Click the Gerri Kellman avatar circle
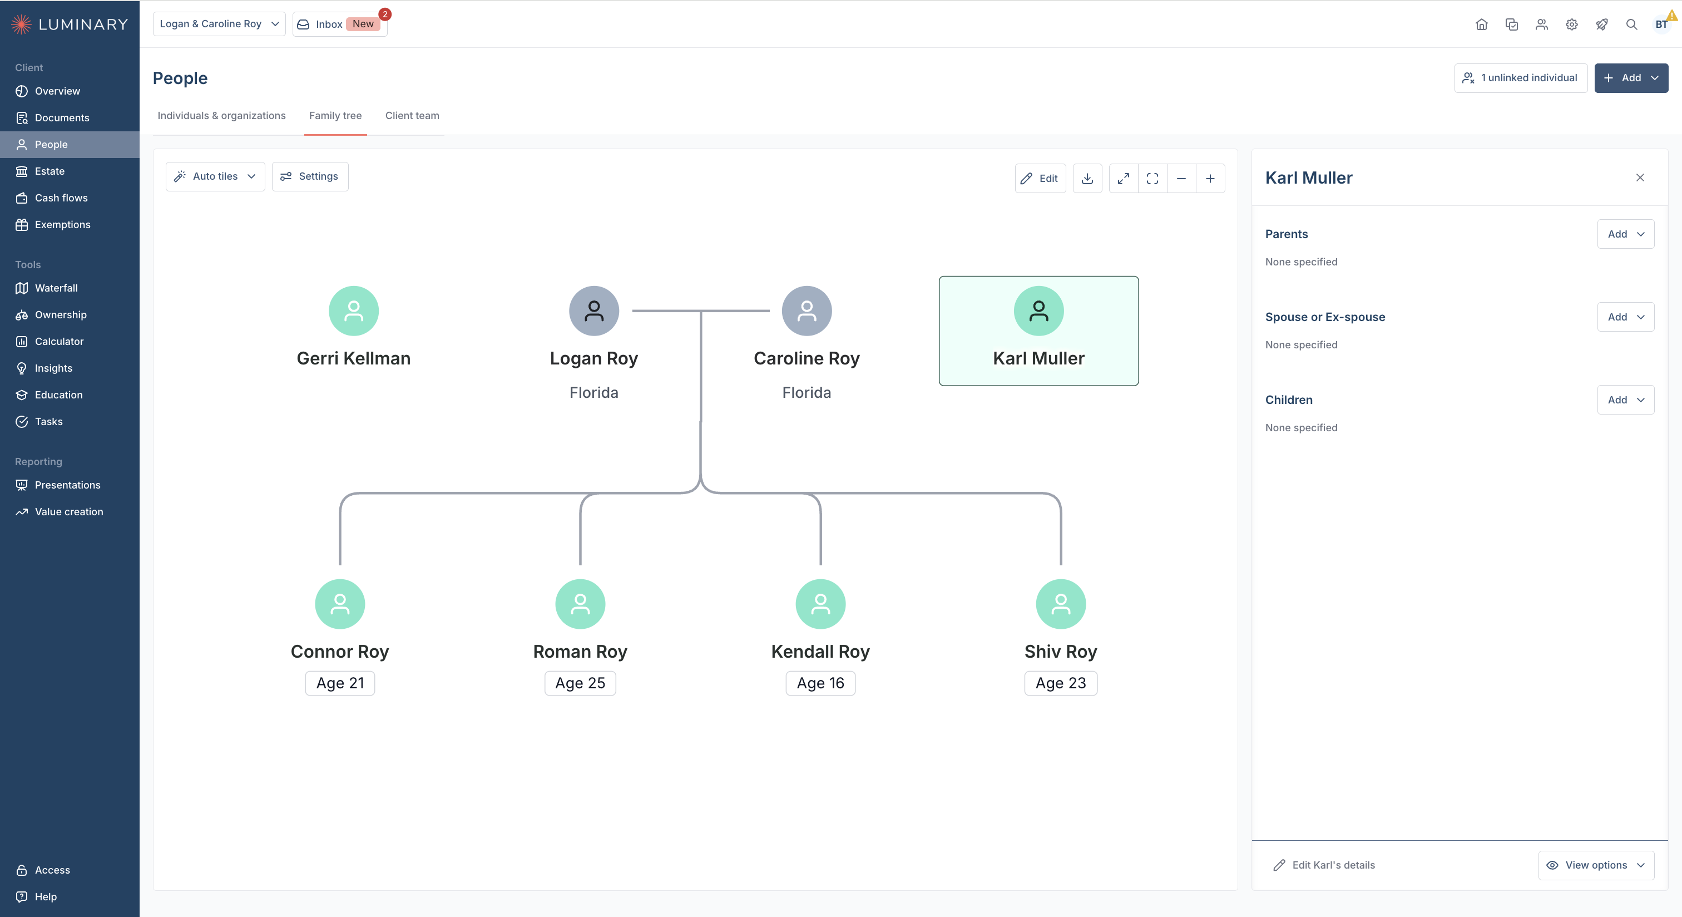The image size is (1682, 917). coord(353,311)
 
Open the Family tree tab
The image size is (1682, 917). coord(335,116)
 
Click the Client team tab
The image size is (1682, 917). coord(412,116)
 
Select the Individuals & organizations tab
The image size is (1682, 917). coord(221,116)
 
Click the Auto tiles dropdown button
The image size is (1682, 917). coord(215,176)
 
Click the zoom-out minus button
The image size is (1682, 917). coord(1181,178)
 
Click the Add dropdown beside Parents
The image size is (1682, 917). coord(1625,234)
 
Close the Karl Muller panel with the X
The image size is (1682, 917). coord(1640,178)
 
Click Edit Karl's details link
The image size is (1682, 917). coord(1324,865)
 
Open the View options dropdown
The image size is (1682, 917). coord(1596,865)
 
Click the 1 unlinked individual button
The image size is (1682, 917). coord(1520,78)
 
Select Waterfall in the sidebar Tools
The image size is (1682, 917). coord(56,288)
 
